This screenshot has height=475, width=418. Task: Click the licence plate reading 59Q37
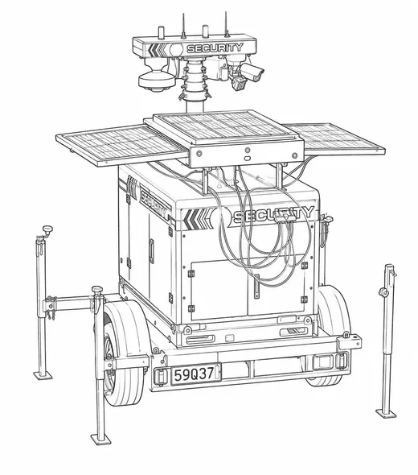point(195,374)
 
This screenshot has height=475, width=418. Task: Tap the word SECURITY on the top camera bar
point(215,47)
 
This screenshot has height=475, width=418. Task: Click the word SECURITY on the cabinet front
point(273,215)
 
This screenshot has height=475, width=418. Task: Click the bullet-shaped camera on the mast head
point(253,72)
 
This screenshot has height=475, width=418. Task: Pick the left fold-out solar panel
point(121,146)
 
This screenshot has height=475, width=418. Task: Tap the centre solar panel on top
point(224,126)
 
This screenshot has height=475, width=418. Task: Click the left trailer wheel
point(121,354)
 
